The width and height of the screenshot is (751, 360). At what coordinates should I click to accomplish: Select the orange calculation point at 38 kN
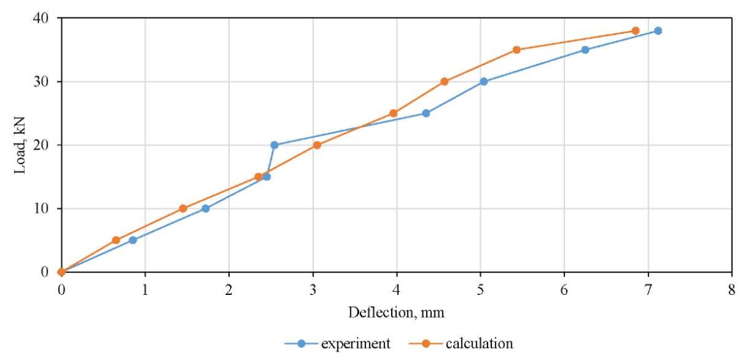coord(635,31)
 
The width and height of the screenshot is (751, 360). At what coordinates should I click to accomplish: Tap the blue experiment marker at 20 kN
coord(274,145)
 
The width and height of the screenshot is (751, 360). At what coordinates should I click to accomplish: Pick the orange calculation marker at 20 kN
coord(317,145)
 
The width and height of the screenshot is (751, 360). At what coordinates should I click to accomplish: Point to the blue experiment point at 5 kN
coord(133,240)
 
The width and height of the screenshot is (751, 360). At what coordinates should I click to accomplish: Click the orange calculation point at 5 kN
coord(116,240)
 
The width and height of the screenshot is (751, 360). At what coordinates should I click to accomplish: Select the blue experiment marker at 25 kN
coord(426,113)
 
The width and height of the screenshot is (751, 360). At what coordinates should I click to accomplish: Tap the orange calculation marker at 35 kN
coord(516,49)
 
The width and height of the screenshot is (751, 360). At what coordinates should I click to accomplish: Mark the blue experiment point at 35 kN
coord(585,49)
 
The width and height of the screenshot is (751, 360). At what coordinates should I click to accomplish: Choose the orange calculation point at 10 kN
coord(183,208)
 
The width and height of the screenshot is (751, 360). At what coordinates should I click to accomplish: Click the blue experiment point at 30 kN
coord(484,81)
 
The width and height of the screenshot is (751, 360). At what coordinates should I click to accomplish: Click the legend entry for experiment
coord(338,343)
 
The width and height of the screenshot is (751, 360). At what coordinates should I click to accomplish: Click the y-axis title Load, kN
coord(21,144)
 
